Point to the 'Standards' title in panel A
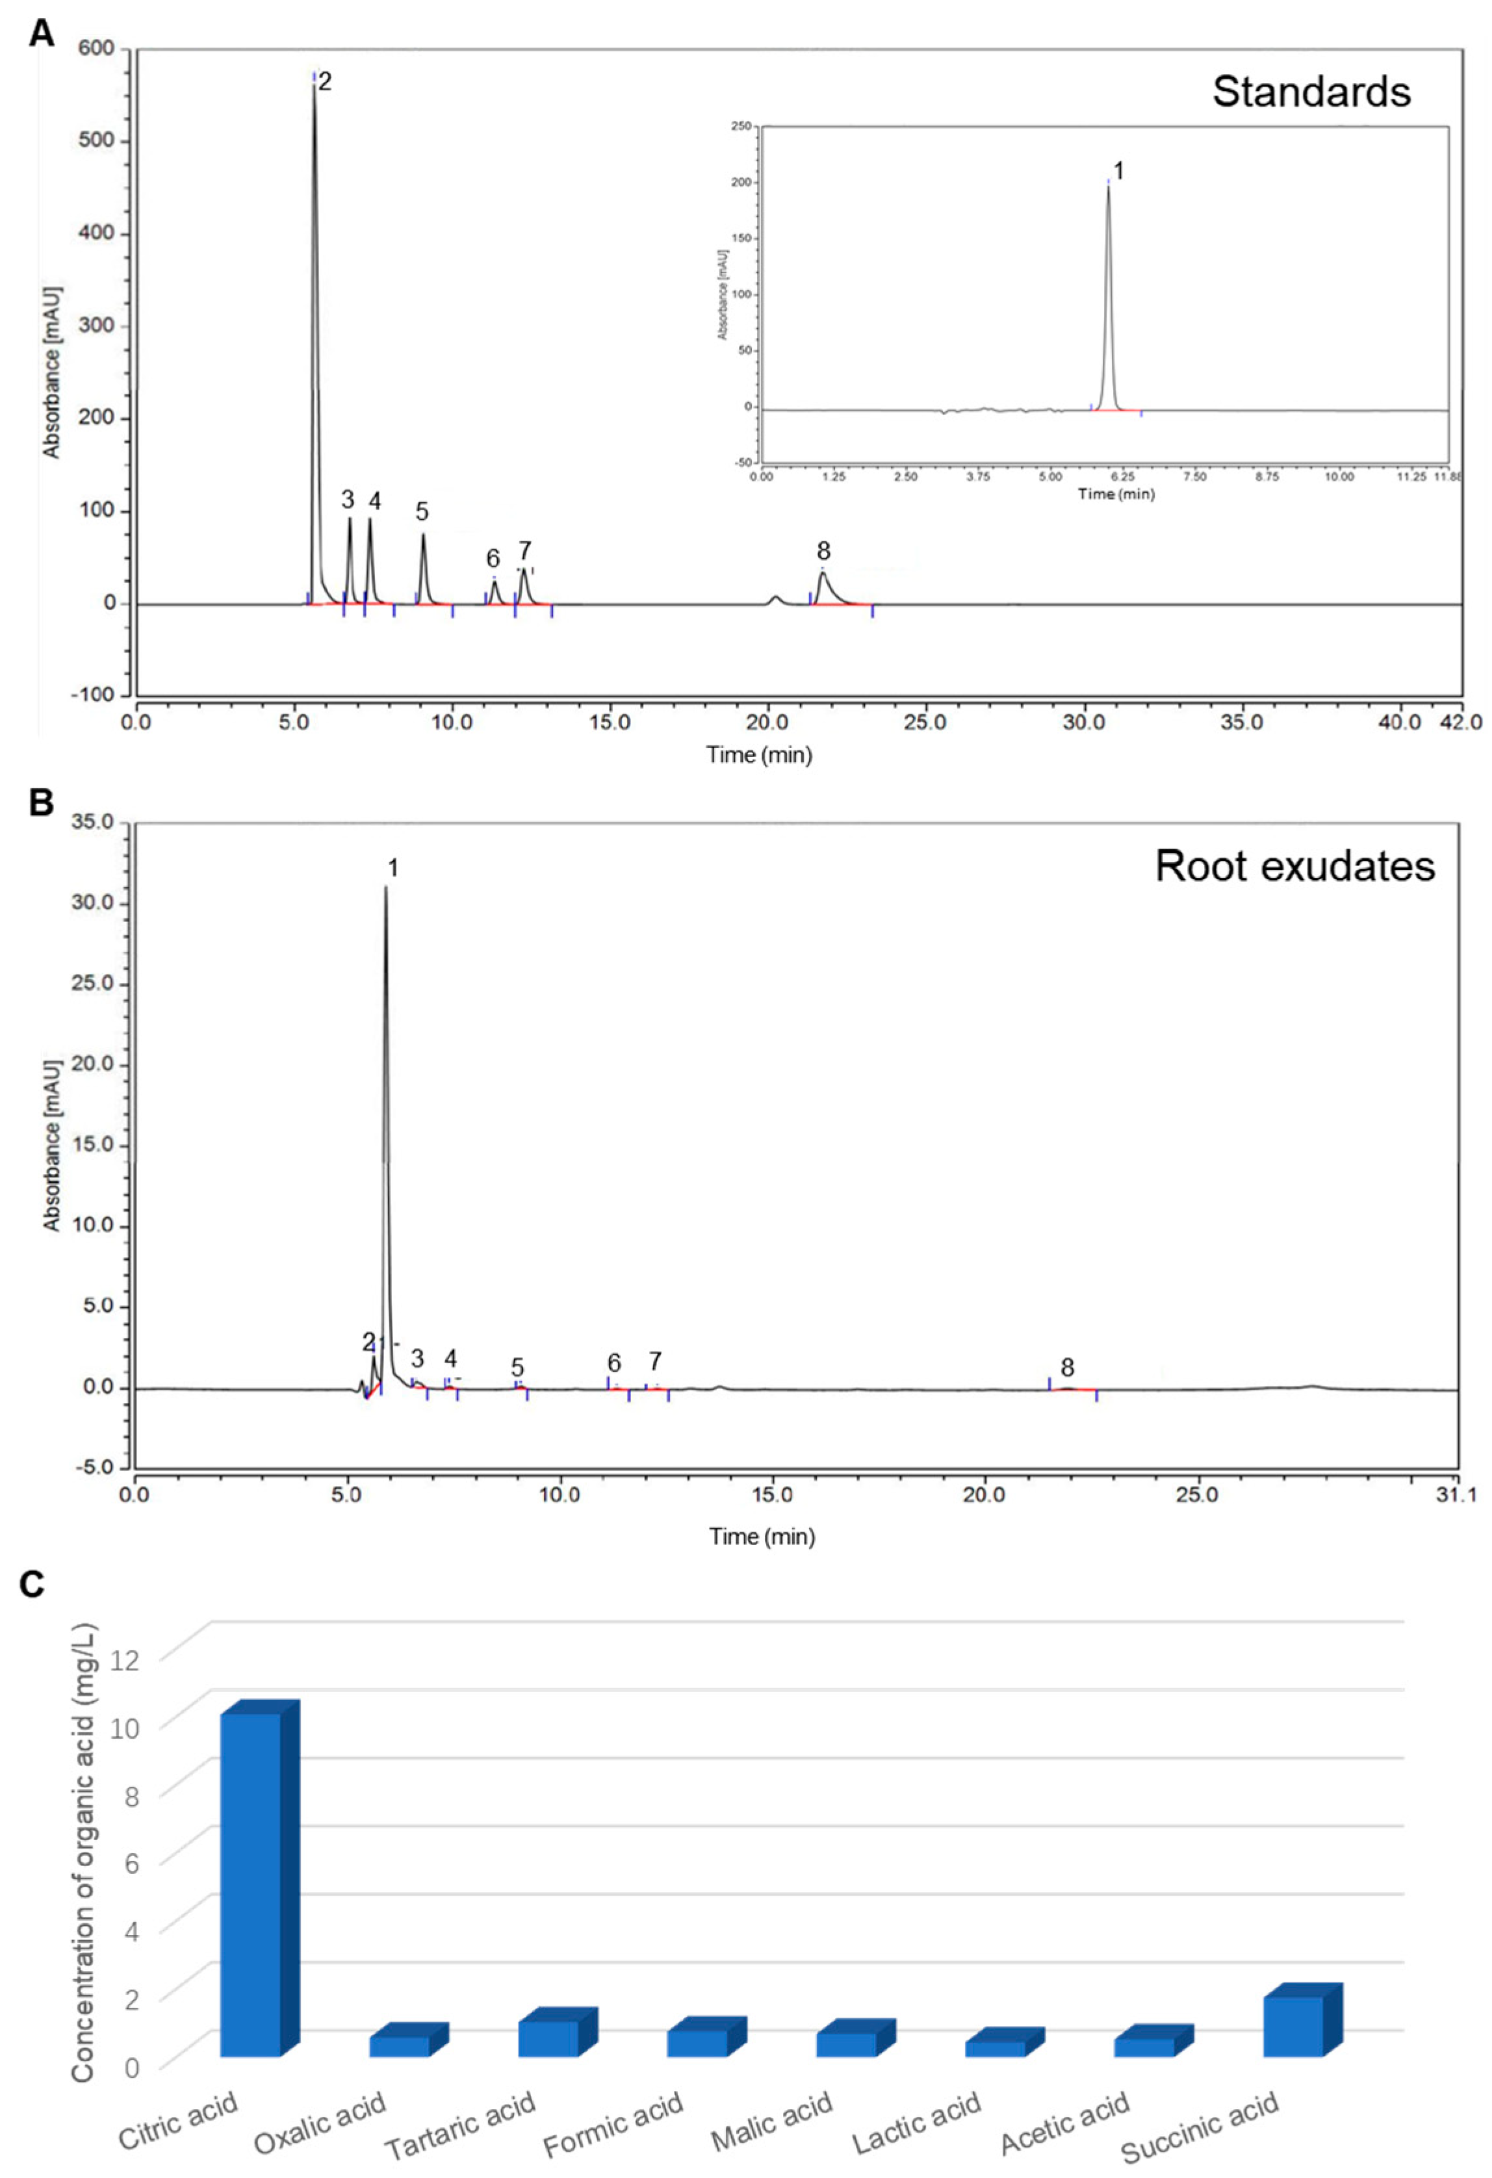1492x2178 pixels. (1311, 92)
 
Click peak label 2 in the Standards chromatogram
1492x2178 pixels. (324, 81)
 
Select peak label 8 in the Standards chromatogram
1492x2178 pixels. (823, 550)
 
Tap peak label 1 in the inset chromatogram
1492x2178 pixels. (1117, 171)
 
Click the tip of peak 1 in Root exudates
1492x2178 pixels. (385, 888)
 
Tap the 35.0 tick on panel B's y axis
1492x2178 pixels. (92, 822)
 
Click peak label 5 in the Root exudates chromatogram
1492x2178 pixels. (517, 1368)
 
